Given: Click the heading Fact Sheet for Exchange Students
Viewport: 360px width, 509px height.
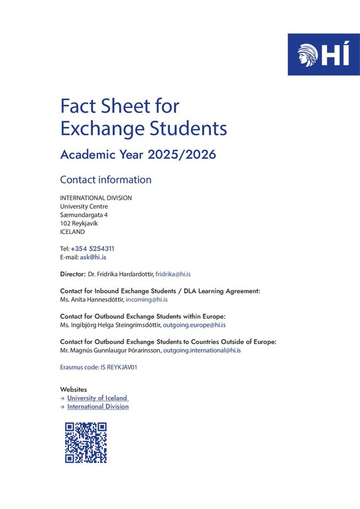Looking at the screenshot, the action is (x=143, y=116).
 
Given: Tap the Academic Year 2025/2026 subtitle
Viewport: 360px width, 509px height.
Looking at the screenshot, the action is (x=137, y=154).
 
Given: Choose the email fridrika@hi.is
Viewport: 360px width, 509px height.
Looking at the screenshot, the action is (x=173, y=274).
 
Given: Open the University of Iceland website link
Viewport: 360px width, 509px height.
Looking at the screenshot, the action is (x=97, y=398).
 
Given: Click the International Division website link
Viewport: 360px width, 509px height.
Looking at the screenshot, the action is (x=98, y=406).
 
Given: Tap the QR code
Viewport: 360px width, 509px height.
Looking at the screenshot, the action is (x=86, y=442).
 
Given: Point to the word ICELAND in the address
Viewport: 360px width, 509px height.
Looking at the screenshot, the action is (x=72, y=232).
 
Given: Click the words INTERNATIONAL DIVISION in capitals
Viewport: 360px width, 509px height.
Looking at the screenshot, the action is (x=95, y=198).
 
